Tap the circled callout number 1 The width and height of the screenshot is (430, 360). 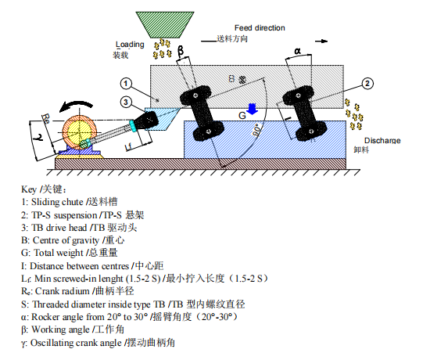coord(125,83)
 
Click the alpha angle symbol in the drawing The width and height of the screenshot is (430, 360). coord(297,52)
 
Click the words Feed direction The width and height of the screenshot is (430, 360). coord(260,27)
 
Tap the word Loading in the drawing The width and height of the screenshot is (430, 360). coord(130,45)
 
